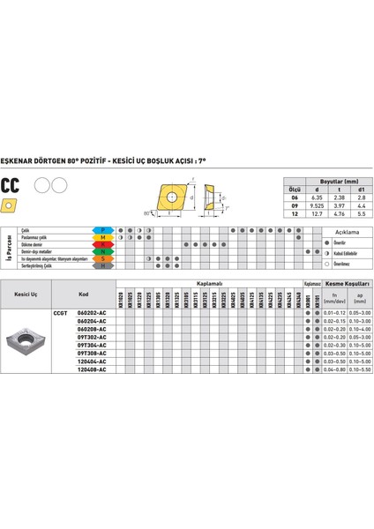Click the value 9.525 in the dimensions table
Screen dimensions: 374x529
(x=317, y=205)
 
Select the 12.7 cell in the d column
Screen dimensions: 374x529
(x=317, y=213)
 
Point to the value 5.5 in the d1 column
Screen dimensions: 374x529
(x=359, y=213)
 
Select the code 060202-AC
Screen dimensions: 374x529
(x=91, y=313)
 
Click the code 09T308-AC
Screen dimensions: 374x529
(x=91, y=353)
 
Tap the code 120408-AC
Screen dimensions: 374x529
(x=91, y=369)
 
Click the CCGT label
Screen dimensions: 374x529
(x=61, y=313)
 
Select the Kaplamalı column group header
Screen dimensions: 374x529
(x=209, y=285)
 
